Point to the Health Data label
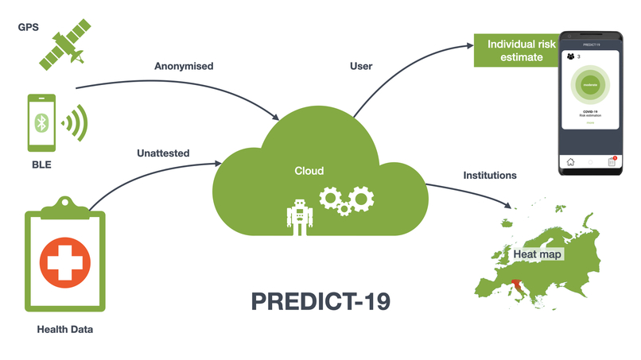[65, 329]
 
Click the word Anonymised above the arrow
[184, 66]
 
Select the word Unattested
[163, 153]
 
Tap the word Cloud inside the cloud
[309, 170]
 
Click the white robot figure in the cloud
[298, 216]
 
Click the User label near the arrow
[361, 66]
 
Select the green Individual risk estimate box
[515, 51]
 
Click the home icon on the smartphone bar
[570, 161]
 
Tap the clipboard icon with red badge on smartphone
[612, 161]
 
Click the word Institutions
[489, 175]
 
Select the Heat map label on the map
[538, 254]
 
